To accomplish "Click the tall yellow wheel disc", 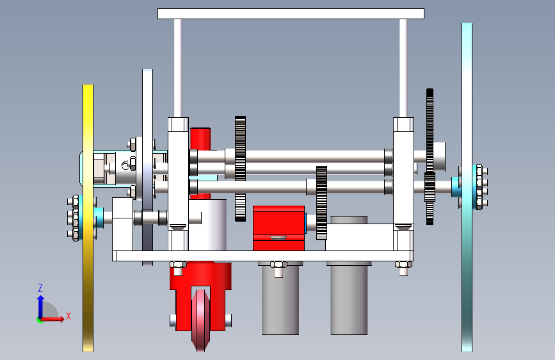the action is pyautogui.click(x=88, y=218).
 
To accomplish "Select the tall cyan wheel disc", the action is pyautogui.click(x=467, y=187).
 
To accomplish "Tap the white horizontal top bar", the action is pyautogui.click(x=291, y=14).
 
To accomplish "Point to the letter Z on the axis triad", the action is pyautogui.click(x=40, y=288).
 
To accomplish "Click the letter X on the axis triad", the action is pyautogui.click(x=68, y=316).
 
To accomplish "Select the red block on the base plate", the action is pyautogui.click(x=279, y=228).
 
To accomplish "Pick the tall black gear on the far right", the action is pyautogui.click(x=430, y=156).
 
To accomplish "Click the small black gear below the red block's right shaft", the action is pyautogui.click(x=321, y=202).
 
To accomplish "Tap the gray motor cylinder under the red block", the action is pyautogui.click(x=280, y=299).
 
